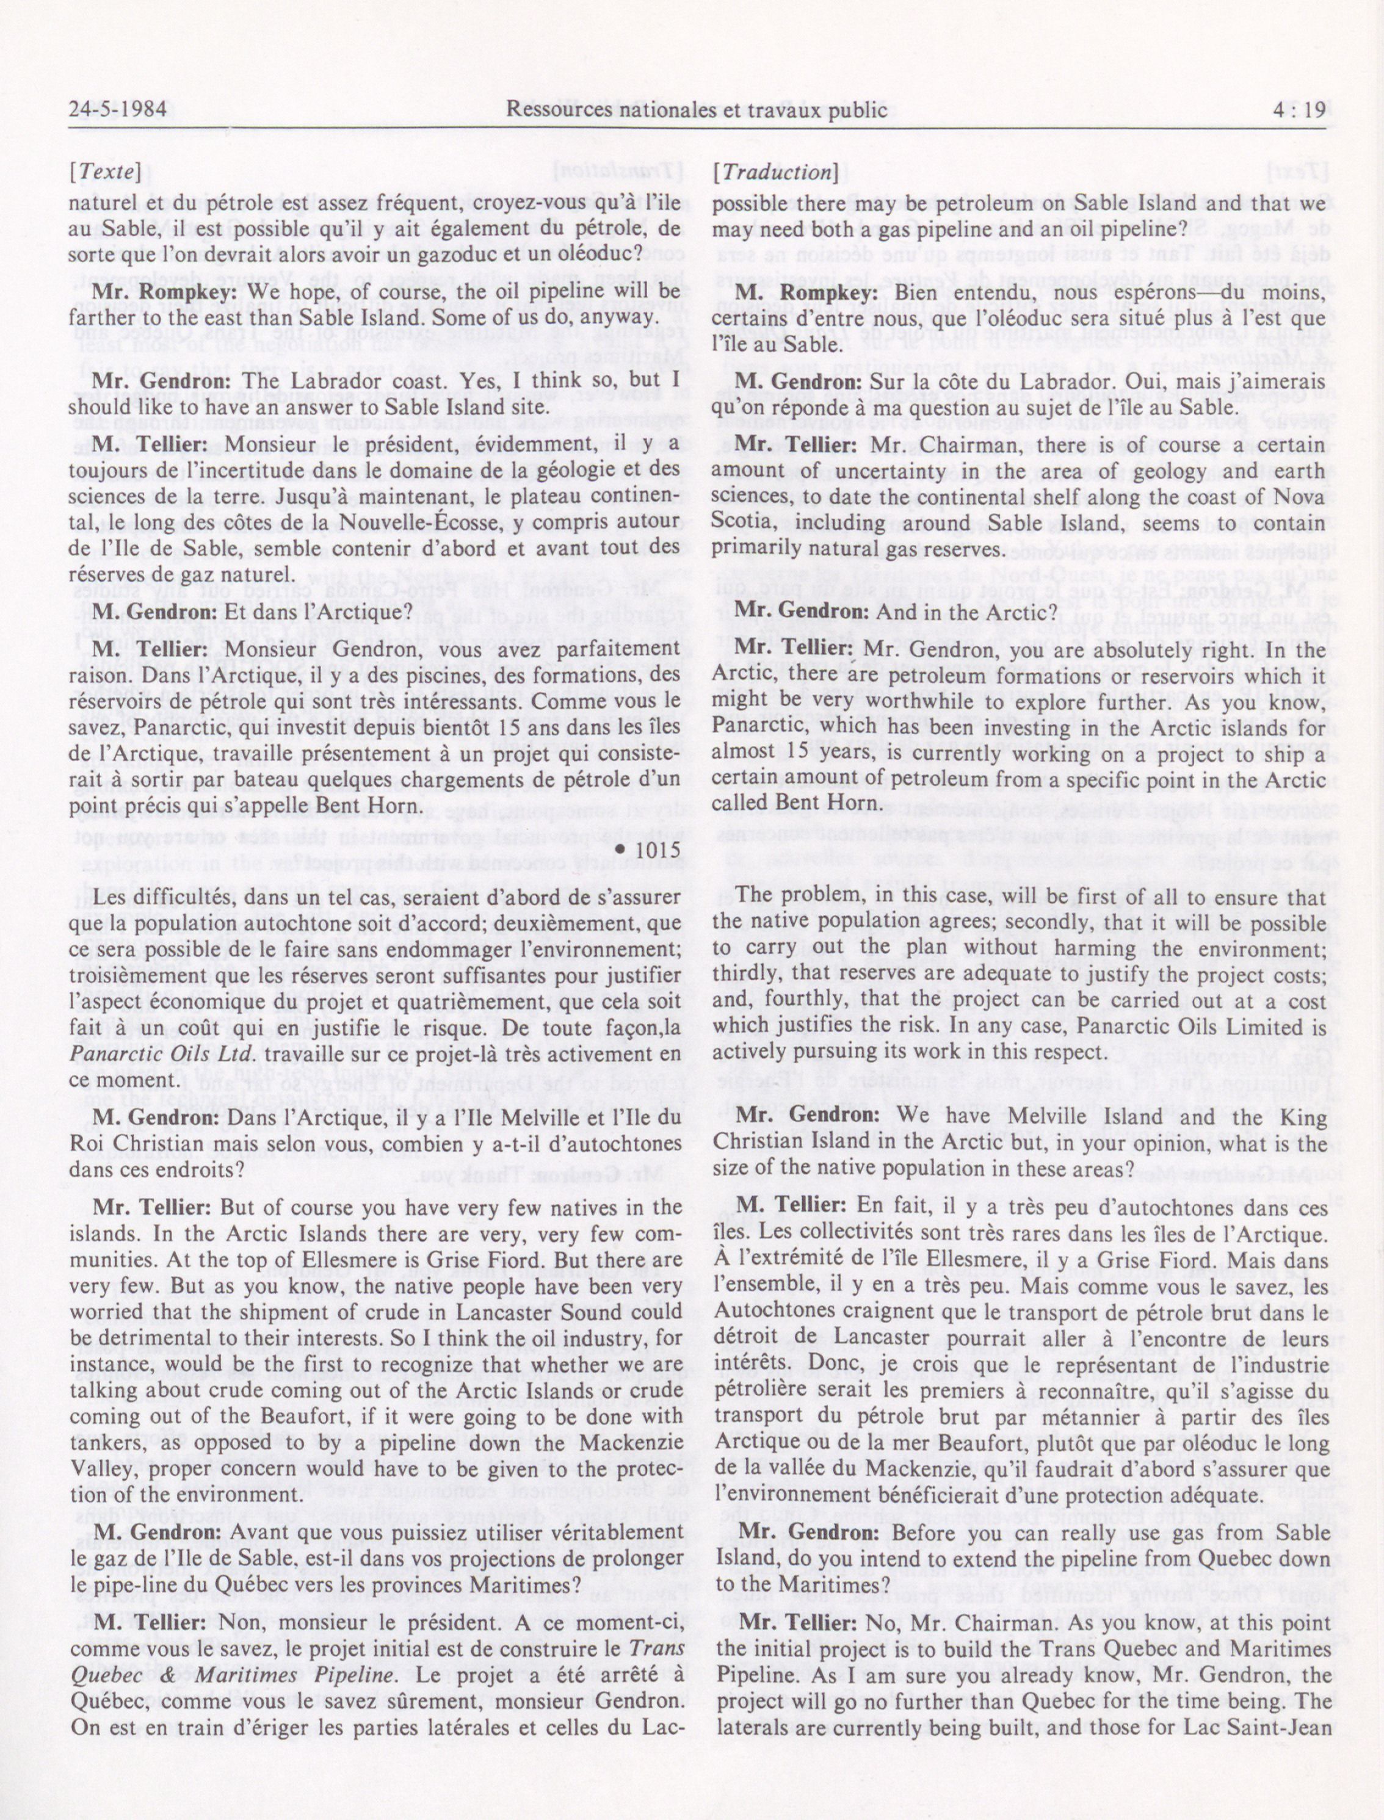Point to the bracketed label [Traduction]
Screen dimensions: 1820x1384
pos(776,172)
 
